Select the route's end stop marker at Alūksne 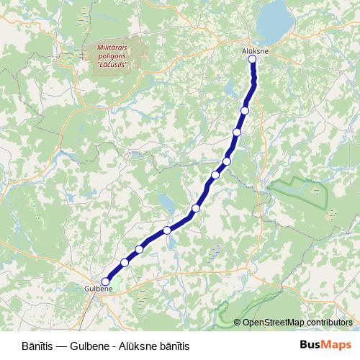pos(253,60)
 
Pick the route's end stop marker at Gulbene pos(106,282)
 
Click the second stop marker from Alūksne pos(246,110)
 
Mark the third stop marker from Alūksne pos(237,132)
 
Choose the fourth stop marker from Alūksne pos(227,161)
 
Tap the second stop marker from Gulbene pos(125,263)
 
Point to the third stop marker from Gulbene pos(139,249)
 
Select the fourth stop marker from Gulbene pos(167,230)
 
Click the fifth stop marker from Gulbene pos(196,208)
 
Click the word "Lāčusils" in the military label pos(112,64)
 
